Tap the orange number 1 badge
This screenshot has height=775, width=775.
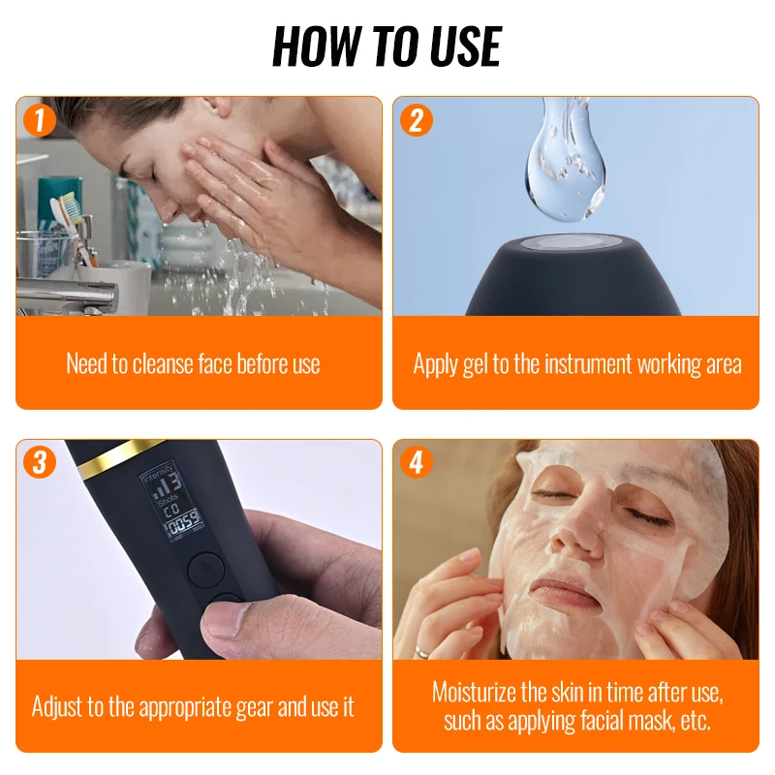[x=39, y=120]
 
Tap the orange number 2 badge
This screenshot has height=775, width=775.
[x=416, y=120]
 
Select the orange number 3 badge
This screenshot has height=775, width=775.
[x=39, y=463]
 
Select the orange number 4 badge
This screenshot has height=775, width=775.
[x=416, y=463]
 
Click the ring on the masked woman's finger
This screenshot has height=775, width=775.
[x=422, y=652]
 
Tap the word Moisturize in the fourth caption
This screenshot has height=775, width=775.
[x=480, y=693]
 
